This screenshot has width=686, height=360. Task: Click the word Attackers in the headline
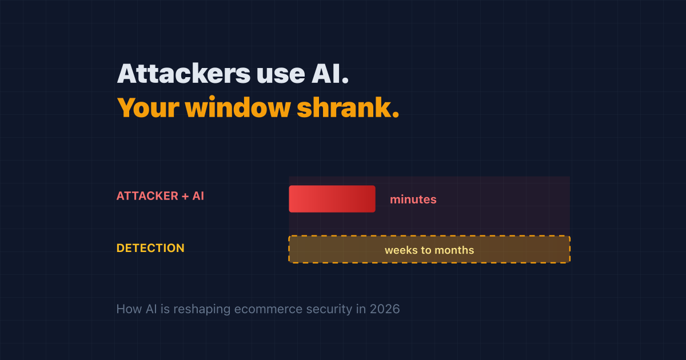[x=184, y=73]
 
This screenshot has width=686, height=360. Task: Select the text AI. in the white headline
[x=330, y=74]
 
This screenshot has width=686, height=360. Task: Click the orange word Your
[x=148, y=107]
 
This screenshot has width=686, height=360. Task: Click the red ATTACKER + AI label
[x=160, y=196]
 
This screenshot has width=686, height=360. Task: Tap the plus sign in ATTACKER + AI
[x=185, y=196]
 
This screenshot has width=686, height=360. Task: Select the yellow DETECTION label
[x=150, y=248]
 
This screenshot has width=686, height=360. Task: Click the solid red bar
[x=332, y=199]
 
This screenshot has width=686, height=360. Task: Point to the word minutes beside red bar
[x=413, y=199]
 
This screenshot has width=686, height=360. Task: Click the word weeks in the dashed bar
[x=401, y=250]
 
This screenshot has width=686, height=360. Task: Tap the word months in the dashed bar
[x=454, y=250]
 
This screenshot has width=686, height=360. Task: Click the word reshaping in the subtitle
[x=202, y=310]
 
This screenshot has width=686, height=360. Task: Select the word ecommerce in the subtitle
[x=268, y=310]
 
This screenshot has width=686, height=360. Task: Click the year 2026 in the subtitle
[x=385, y=309]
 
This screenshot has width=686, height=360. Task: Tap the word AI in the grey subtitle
[x=151, y=309]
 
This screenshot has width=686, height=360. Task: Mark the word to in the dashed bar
[x=426, y=250]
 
